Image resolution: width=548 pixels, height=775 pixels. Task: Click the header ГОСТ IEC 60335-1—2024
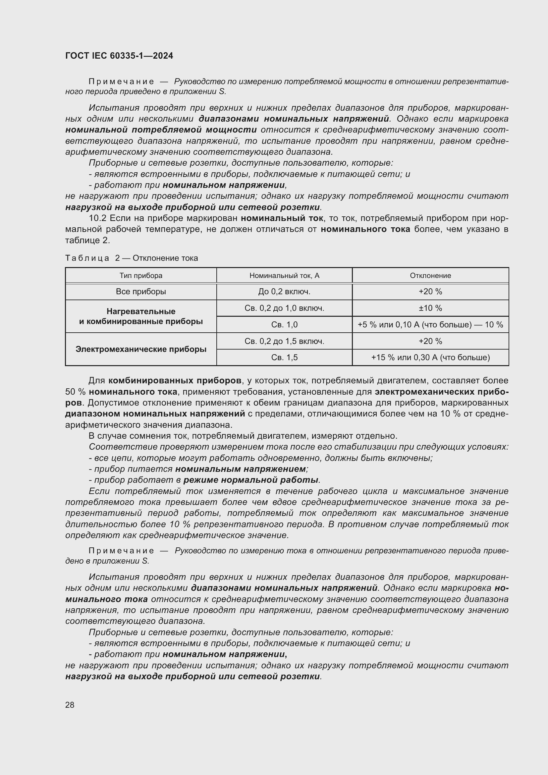(119, 56)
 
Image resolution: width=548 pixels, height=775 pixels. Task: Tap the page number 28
(70, 705)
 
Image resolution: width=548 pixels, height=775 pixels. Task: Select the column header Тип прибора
(141, 275)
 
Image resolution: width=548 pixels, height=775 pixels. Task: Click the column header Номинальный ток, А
(284, 275)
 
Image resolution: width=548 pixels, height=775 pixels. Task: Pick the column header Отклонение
(430, 275)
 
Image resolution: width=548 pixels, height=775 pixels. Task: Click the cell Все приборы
(141, 291)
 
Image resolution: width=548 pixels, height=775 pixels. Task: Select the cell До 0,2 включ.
(284, 291)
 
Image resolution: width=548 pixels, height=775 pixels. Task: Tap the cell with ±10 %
(430, 308)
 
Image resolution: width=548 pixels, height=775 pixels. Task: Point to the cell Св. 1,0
(284, 324)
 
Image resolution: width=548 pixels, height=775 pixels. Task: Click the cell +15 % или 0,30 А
(430, 357)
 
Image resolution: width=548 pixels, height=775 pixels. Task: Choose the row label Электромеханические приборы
(141, 349)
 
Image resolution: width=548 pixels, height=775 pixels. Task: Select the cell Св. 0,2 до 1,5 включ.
(284, 341)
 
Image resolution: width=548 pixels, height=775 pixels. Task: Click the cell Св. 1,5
(284, 357)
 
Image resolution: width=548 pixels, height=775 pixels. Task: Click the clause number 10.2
(97, 218)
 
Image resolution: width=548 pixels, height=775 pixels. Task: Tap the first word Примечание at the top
(121, 82)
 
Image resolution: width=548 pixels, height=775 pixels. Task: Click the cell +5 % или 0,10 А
(430, 324)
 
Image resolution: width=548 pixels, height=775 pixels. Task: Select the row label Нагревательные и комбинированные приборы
(141, 316)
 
